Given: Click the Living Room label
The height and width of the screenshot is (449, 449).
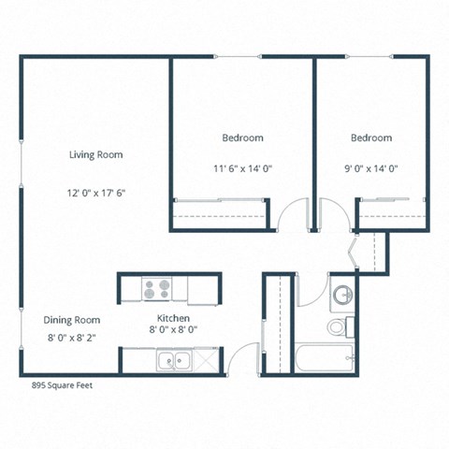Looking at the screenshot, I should coord(96,154).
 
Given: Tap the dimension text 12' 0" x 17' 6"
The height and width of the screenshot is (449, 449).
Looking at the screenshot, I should coord(96,195).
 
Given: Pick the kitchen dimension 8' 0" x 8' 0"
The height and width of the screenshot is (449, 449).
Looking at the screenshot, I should coord(174,329).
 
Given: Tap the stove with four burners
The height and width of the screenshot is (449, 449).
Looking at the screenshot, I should coord(155,289).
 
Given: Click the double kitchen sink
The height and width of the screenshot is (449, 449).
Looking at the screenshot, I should coord(173,360).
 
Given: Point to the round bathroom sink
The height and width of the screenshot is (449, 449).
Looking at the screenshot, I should coord(342,296).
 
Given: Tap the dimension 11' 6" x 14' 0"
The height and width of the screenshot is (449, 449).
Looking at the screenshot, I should coord(242,168).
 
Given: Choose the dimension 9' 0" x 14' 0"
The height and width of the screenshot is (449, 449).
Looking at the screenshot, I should coord(370,168).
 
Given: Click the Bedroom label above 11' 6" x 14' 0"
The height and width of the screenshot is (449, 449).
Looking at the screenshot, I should coord(242,138).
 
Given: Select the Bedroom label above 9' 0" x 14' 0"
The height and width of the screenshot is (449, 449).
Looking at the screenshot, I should coord(371,138).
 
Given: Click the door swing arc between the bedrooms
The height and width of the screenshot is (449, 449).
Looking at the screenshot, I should coord(294,216).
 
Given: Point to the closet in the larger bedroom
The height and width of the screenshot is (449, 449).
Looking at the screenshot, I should coord(222,214).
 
